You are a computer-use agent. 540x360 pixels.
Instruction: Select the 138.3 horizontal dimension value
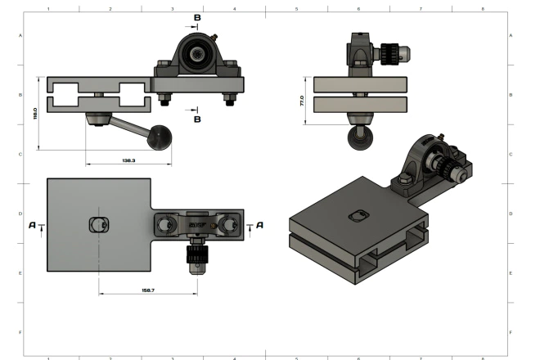tap(128, 160)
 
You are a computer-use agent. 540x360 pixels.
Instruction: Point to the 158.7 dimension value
tap(147, 290)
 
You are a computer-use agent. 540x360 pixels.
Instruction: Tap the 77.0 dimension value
tap(302, 101)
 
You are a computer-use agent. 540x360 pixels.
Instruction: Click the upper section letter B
tap(197, 17)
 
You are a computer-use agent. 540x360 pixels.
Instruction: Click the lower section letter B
tap(197, 119)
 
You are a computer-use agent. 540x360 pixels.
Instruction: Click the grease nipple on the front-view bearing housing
tap(214, 36)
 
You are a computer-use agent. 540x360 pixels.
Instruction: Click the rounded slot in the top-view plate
tap(97, 224)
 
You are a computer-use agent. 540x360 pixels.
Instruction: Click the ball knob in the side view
tap(359, 139)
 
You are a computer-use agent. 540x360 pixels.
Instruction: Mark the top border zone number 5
tap(297, 7)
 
